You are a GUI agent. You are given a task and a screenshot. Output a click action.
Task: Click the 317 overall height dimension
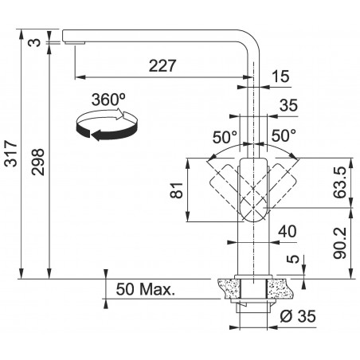pyautogui.click(x=11, y=154)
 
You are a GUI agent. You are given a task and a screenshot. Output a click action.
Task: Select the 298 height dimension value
pyautogui.click(x=37, y=162)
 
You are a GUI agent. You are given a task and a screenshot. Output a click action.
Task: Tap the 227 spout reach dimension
pyautogui.click(x=162, y=65)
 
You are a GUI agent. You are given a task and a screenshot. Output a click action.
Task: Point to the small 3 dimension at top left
pyautogui.click(x=34, y=42)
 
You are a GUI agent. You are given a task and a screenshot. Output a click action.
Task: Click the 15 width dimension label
pyautogui.click(x=280, y=76)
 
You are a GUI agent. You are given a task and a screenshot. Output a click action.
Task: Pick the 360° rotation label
pyautogui.click(x=108, y=100)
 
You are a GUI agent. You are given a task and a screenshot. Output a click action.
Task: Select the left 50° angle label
pyautogui.click(x=225, y=138)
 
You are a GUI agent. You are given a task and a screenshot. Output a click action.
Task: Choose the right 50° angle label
pyautogui.click(x=284, y=135)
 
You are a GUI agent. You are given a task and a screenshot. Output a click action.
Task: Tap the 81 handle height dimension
pyautogui.click(x=177, y=190)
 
